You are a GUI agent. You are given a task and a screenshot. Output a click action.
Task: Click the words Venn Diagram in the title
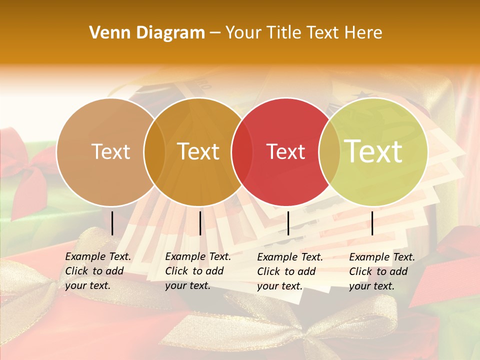click(147, 33)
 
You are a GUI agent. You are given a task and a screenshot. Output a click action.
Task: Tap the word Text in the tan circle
click(111, 151)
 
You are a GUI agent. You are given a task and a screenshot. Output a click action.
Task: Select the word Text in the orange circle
click(198, 151)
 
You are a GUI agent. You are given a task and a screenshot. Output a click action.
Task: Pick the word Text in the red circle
click(286, 151)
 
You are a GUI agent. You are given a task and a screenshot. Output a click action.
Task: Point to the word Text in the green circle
click(373, 151)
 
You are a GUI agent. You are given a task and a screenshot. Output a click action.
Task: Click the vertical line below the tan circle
click(112, 223)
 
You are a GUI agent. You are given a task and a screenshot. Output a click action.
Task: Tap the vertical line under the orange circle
click(200, 223)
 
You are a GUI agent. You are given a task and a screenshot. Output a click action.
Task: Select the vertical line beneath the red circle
click(288, 223)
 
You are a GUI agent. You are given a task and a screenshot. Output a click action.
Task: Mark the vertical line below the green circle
click(372, 223)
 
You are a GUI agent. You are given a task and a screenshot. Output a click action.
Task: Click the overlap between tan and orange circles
click(154, 151)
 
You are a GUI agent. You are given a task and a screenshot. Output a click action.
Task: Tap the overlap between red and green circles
click(329, 151)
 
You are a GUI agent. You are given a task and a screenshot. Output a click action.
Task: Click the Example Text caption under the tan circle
click(97, 271)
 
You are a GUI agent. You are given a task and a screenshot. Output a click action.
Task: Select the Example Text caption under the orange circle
click(197, 271)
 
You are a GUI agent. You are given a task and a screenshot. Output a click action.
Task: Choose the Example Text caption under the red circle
click(289, 271)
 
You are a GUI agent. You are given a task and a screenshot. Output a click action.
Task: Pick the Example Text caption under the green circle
click(381, 271)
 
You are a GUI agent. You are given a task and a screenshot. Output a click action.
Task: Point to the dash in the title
click(215, 33)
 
